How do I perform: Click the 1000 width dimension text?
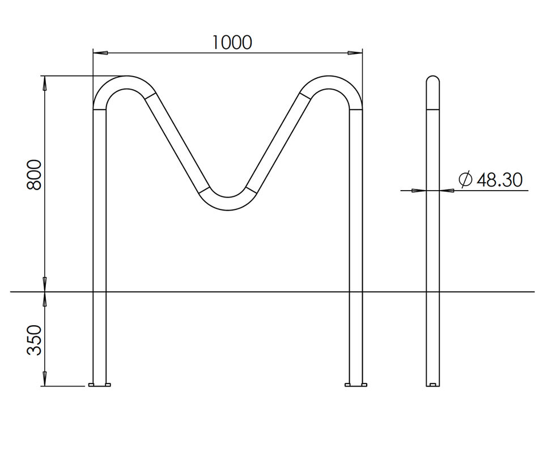pyautogui.click(x=232, y=42)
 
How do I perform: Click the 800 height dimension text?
pyautogui.click(x=35, y=175)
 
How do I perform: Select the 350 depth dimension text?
pyautogui.click(x=35, y=340)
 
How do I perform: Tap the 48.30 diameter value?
pyautogui.click(x=499, y=180)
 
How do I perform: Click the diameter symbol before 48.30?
pyautogui.click(x=465, y=180)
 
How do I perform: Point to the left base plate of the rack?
pyautogui.click(x=100, y=385)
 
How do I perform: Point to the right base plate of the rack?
pyautogui.click(x=355, y=385)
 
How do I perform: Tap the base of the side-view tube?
pyautogui.click(x=432, y=385)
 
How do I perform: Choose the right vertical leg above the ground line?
pyautogui.click(x=355, y=199)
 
